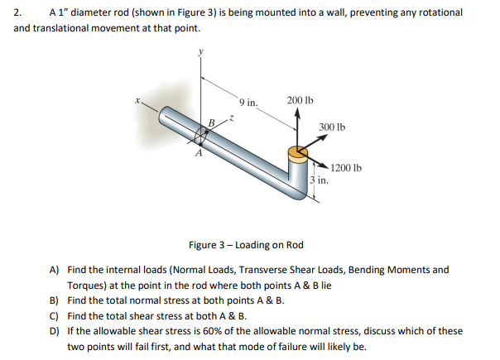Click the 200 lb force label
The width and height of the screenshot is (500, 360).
(299, 100)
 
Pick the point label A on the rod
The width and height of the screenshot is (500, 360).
(198, 154)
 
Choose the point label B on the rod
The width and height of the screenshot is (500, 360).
(212, 123)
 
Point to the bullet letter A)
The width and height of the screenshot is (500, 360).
(55, 270)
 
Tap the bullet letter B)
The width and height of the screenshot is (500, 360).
(55, 300)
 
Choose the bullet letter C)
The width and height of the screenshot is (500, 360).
(55, 315)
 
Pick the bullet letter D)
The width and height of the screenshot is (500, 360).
(55, 331)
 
